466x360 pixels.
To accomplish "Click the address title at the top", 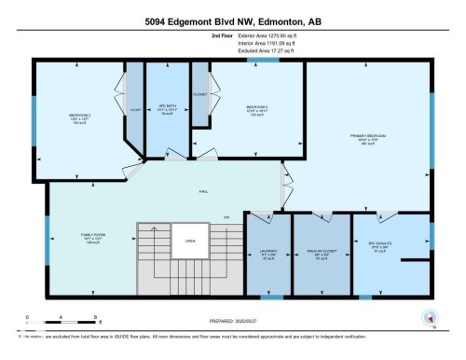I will pos(232,21).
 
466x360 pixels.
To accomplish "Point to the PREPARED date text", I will pos(233,318).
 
